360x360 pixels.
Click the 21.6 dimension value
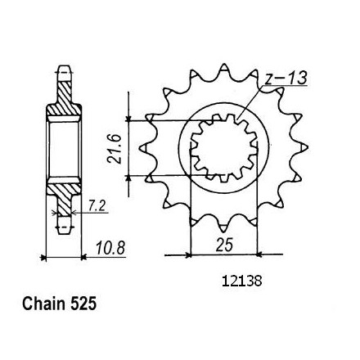(114, 149)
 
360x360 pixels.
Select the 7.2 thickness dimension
(97, 206)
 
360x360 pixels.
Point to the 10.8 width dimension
(110, 249)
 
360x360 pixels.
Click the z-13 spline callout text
(286, 79)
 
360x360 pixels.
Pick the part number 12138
(242, 281)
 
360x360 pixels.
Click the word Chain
(44, 304)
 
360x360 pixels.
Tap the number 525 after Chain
(83, 304)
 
